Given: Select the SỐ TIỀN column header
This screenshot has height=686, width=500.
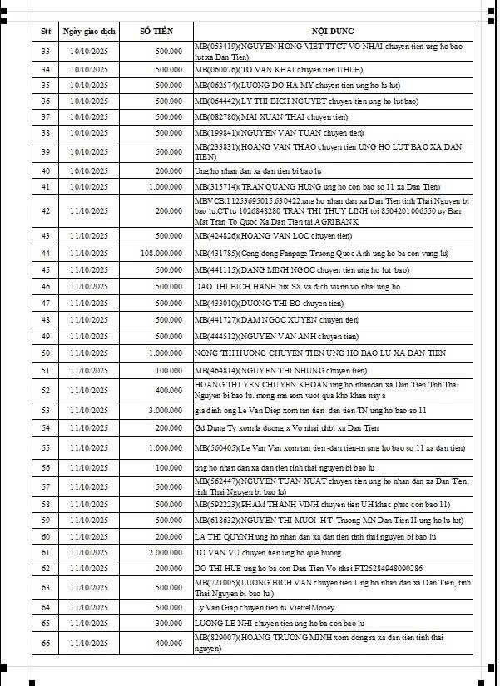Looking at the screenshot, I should (x=156, y=31).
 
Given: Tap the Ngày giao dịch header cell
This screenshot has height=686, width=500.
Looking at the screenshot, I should (x=89, y=31).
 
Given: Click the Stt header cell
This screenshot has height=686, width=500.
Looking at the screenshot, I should (x=46, y=31).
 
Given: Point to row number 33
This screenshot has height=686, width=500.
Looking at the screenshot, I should (x=46, y=51).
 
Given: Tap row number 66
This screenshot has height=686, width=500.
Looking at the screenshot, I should (x=46, y=644).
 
